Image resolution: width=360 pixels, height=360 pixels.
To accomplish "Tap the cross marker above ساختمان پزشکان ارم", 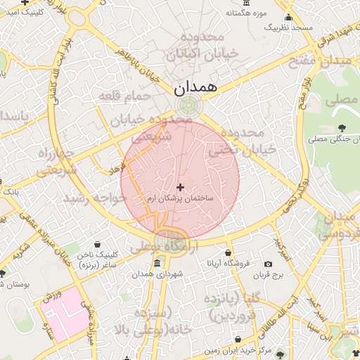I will pos(181,187).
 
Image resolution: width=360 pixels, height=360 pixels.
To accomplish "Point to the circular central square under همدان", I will pos(188,106).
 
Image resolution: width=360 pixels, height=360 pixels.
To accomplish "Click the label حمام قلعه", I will pos(126,95).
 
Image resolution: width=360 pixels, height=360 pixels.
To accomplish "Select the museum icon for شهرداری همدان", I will pos(155,263).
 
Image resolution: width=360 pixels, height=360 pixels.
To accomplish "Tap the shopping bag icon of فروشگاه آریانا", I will pos(228,252).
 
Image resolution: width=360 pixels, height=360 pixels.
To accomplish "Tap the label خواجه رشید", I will pos(95,198).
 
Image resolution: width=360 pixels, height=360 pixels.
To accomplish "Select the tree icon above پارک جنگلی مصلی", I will pos(342,127).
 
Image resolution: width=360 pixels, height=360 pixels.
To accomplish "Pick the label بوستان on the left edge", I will pos(14,283).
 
